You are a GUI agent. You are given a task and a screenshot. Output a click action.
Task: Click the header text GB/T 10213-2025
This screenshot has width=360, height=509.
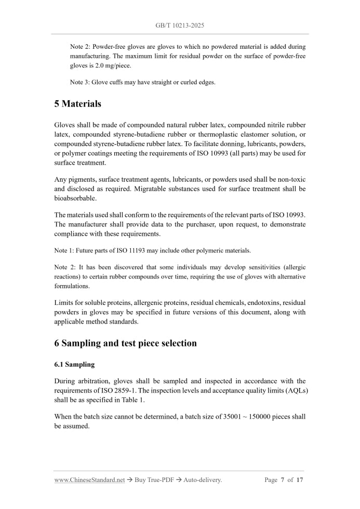coord(180,25)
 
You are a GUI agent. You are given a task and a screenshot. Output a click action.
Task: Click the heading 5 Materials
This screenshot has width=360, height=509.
coord(77,103)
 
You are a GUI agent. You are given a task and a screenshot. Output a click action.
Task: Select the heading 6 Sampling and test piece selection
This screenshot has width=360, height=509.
coord(125,343)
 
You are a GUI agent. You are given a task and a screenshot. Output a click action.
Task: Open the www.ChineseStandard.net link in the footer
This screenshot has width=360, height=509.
coord(89,480)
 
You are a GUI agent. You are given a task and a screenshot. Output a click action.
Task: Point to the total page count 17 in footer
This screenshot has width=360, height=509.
coord(300,480)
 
